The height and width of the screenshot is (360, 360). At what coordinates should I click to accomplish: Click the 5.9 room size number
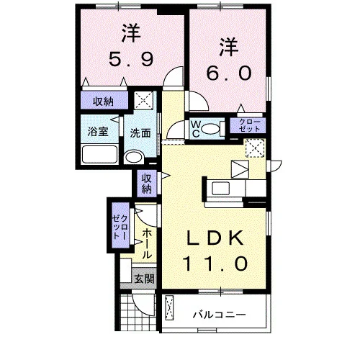click(x=131, y=60)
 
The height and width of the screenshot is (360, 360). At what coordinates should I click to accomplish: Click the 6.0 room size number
click(x=229, y=73)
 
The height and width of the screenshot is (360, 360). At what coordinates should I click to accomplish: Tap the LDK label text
click(x=215, y=238)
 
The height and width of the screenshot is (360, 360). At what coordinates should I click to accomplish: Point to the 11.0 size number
click(x=215, y=264)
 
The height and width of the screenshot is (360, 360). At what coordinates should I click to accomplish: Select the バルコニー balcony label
click(x=219, y=315)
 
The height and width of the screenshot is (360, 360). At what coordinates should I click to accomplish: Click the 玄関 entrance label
click(x=144, y=279)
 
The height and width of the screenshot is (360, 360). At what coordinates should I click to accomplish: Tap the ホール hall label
click(x=147, y=243)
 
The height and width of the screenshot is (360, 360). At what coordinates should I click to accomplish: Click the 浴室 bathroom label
click(x=98, y=132)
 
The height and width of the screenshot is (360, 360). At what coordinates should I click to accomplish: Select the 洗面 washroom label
click(x=140, y=133)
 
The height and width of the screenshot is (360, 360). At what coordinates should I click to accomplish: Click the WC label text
click(x=196, y=130)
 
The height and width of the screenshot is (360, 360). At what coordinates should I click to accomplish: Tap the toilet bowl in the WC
click(x=210, y=129)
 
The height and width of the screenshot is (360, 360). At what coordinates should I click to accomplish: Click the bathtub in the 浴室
click(x=100, y=155)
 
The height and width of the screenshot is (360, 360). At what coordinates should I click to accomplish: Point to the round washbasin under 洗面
click(x=134, y=158)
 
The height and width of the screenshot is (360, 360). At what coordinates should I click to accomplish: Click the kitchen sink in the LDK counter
click(x=221, y=189)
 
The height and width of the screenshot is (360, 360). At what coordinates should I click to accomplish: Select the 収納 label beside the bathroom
click(x=103, y=102)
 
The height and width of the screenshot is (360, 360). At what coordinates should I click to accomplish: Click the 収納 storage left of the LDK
click(x=147, y=184)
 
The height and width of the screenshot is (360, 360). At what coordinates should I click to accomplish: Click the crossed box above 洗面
click(x=143, y=101)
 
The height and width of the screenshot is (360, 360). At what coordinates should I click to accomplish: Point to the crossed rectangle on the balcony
click(x=169, y=307)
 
